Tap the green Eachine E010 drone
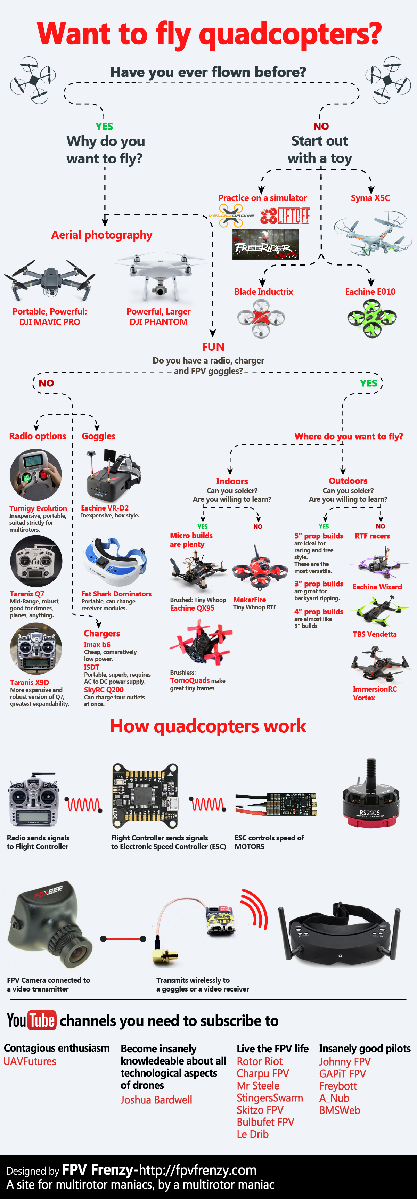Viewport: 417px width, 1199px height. point(371,318)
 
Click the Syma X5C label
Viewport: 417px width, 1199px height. point(370,198)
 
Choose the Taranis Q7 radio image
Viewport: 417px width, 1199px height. point(36,561)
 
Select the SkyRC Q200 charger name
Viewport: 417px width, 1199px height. point(104,690)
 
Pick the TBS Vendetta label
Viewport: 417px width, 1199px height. point(375,634)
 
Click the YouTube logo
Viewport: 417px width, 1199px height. point(32,1020)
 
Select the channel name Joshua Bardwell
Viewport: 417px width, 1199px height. point(156,1100)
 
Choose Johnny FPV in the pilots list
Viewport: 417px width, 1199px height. point(345,1062)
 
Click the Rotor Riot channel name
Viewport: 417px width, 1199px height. point(260,1061)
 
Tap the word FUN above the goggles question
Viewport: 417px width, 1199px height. point(213,347)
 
